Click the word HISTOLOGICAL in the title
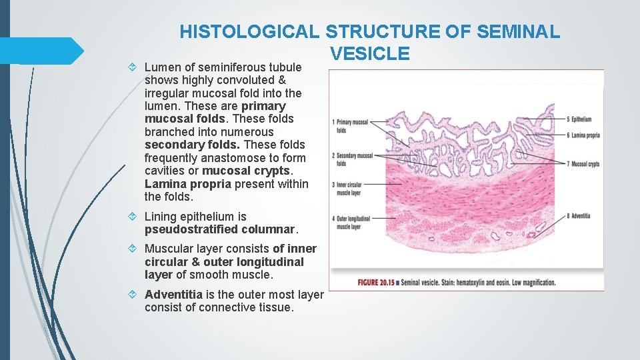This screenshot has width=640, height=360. (x=250, y=31)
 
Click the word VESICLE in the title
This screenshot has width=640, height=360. (x=369, y=54)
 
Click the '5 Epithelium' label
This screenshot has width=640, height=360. (x=579, y=119)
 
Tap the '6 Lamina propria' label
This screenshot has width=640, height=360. (x=583, y=135)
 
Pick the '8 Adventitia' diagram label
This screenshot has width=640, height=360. (x=579, y=215)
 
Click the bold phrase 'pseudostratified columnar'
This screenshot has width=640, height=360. (x=219, y=229)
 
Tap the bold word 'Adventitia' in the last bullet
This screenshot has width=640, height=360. (x=175, y=295)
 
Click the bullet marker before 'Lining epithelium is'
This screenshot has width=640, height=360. (x=135, y=217)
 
